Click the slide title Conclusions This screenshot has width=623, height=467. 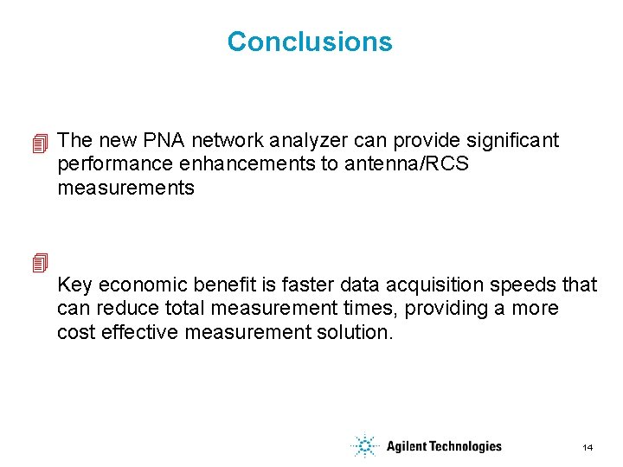309,42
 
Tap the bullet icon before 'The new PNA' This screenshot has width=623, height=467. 38,143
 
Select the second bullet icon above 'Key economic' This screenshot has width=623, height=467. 38,262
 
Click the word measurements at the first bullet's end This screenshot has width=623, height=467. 125,189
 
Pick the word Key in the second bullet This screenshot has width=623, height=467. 74,285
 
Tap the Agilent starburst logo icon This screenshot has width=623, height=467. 365,446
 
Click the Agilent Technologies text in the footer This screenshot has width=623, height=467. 444,446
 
